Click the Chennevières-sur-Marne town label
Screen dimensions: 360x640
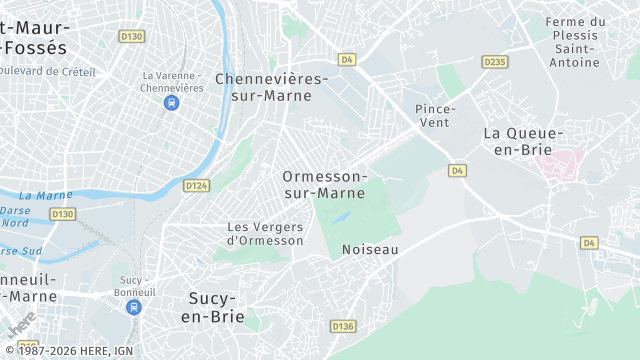coord(271,87)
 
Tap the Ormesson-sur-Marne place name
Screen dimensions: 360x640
coord(325,184)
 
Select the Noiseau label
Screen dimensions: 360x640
coord(370,249)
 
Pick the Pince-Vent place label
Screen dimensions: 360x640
coord(435,115)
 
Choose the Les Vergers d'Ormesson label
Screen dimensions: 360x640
coord(265,233)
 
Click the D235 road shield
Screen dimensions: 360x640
coord(494,62)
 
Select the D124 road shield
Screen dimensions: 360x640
coord(196,185)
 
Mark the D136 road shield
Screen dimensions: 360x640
coord(343,326)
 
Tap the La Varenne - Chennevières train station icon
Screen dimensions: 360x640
coord(172,103)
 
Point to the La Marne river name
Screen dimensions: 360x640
coord(45,195)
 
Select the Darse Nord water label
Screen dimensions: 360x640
coord(14,217)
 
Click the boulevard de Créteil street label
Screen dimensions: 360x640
coord(50,70)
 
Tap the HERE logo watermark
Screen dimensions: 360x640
coord(20,326)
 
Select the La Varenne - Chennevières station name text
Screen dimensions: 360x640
coord(173,82)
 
